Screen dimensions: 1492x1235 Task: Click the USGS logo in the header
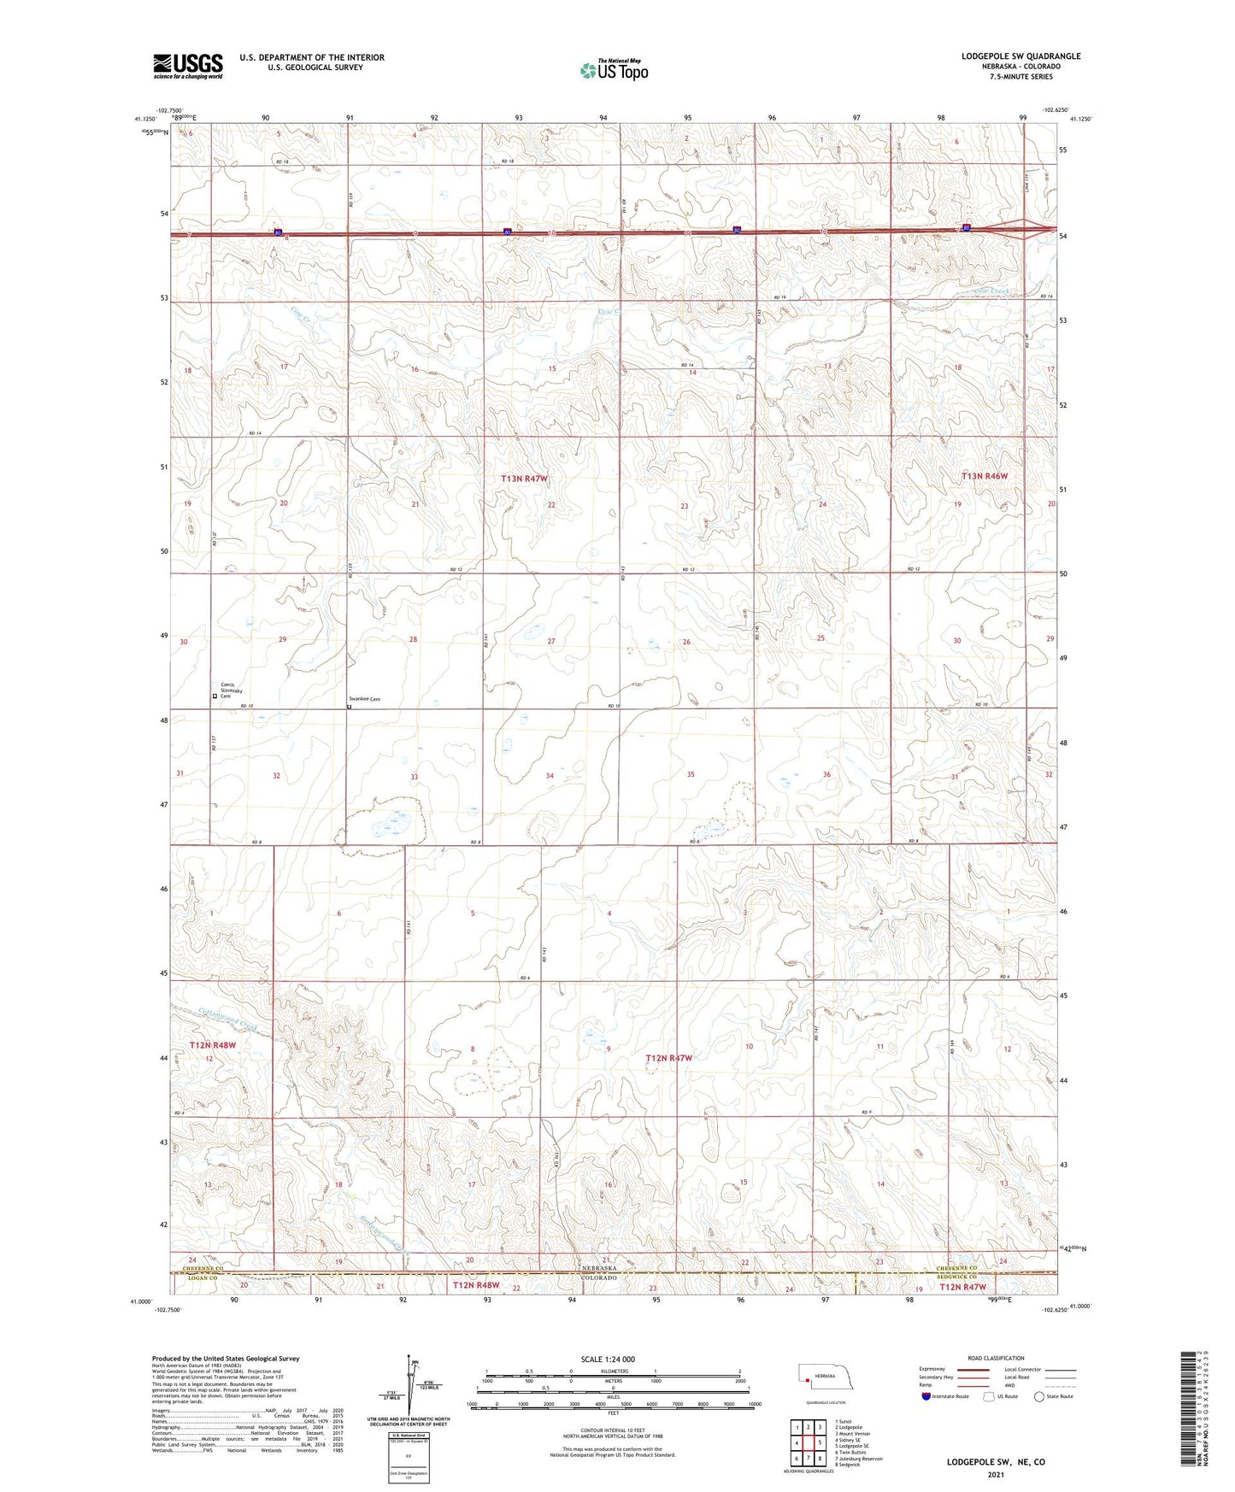pyautogui.click(x=187, y=65)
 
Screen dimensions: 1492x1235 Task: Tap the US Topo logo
pyautogui.click(x=613, y=70)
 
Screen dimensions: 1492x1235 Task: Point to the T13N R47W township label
pyautogui.click(x=523, y=479)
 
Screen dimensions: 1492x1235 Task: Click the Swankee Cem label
pyautogui.click(x=363, y=700)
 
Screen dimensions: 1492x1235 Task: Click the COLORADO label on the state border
pyautogui.click(x=598, y=1278)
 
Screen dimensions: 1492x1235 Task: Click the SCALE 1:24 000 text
pyautogui.click(x=608, y=1360)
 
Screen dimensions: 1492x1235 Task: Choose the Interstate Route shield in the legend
pyautogui.click(x=927, y=1396)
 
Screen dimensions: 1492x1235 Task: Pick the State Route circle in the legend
pyautogui.click(x=1039, y=1396)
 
